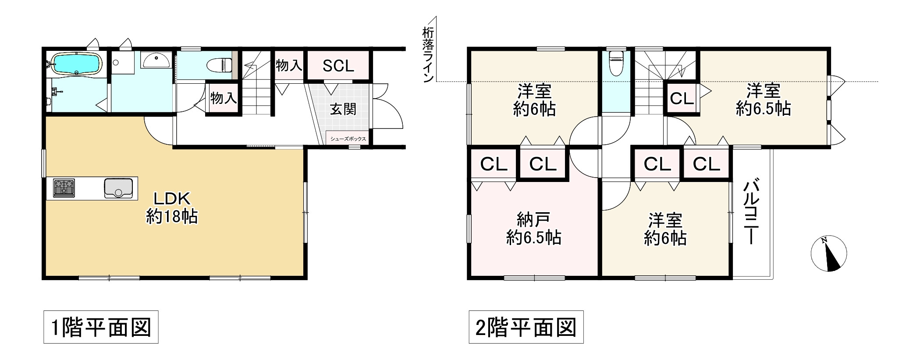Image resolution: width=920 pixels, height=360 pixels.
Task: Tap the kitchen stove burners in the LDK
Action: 64,188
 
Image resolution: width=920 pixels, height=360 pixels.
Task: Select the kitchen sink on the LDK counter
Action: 118,188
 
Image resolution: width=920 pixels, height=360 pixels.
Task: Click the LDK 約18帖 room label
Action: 171,207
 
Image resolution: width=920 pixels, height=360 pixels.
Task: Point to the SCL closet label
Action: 338,66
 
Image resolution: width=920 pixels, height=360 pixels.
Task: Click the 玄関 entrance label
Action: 343,109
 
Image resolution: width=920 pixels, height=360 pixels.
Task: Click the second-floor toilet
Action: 616,63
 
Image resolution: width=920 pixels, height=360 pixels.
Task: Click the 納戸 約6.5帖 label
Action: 533,228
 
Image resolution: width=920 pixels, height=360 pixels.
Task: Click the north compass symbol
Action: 828,253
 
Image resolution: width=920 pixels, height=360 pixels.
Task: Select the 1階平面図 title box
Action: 101,327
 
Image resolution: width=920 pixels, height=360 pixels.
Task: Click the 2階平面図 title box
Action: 526,327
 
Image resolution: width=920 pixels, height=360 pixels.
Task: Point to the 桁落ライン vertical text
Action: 428,55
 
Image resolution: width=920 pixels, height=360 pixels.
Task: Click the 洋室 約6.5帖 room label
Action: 763,100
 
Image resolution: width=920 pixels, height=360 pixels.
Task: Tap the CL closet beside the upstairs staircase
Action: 682,99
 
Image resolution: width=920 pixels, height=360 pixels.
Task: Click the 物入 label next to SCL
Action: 289,66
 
